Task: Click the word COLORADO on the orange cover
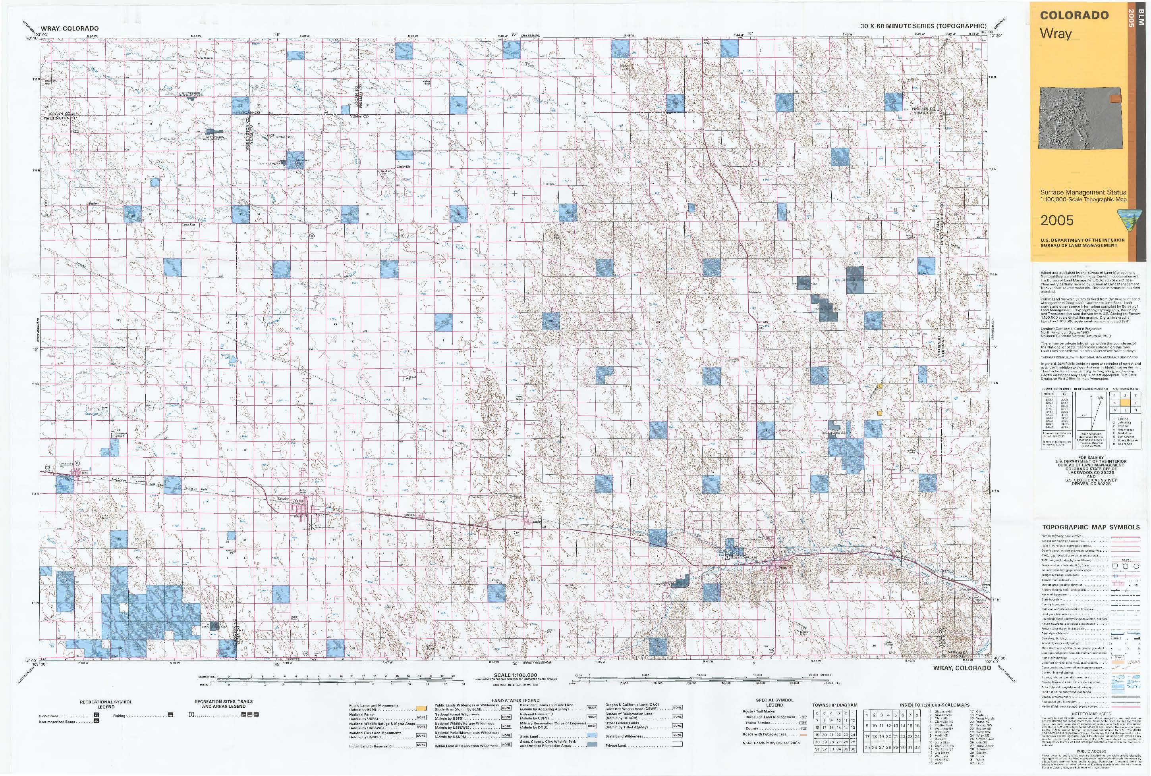click(1074, 15)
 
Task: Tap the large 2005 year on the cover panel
click(1056, 220)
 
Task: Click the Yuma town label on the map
click(299, 501)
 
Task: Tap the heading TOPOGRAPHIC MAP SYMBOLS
click(1091, 527)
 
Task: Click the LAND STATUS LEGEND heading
click(516, 701)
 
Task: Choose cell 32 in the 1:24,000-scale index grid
click(917, 747)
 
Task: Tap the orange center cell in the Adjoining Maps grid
click(1125, 403)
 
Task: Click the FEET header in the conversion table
click(1061, 394)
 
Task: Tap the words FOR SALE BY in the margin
click(1091, 457)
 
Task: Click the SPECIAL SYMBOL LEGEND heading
click(774, 702)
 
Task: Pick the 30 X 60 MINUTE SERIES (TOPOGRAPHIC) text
click(923, 26)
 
